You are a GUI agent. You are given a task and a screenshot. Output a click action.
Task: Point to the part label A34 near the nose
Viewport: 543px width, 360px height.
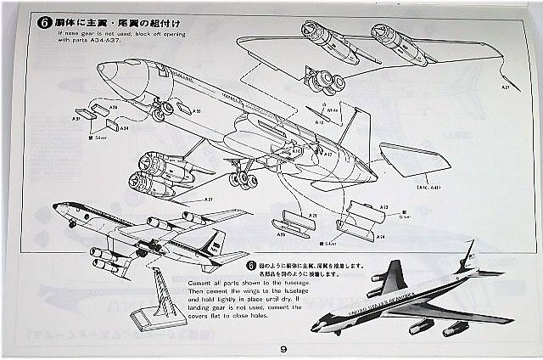coord(123,128)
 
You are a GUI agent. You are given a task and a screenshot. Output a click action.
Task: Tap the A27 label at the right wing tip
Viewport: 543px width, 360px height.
coord(506,87)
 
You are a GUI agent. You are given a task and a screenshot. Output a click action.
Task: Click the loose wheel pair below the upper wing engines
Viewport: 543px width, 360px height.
coord(323,83)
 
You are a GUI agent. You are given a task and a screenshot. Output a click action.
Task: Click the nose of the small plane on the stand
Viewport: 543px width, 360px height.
coord(55,207)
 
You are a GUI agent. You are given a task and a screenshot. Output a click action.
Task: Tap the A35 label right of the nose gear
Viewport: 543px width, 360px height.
coord(196,111)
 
